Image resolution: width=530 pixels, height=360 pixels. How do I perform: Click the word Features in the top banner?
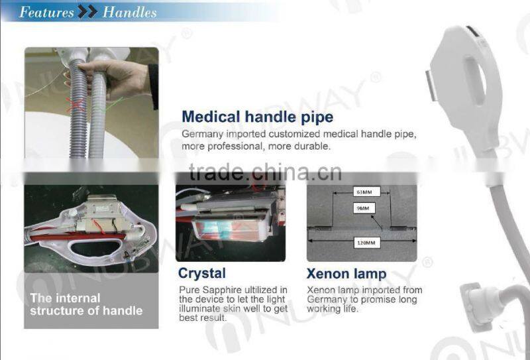(x=46, y=12)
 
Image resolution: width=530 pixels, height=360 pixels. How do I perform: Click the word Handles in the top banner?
(x=130, y=12)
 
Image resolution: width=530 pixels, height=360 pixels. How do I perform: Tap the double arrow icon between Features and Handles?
(x=87, y=12)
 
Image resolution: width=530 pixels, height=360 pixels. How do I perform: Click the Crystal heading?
(x=202, y=273)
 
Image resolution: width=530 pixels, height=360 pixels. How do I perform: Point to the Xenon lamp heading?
(x=346, y=274)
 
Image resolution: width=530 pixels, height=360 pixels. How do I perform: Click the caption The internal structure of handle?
(x=86, y=304)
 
